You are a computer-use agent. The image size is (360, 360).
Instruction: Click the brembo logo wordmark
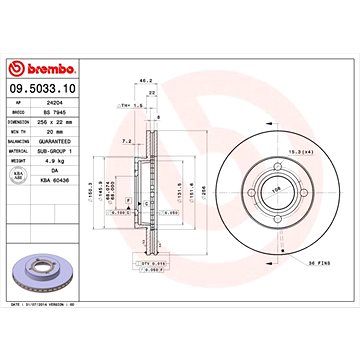pos(43,69)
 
